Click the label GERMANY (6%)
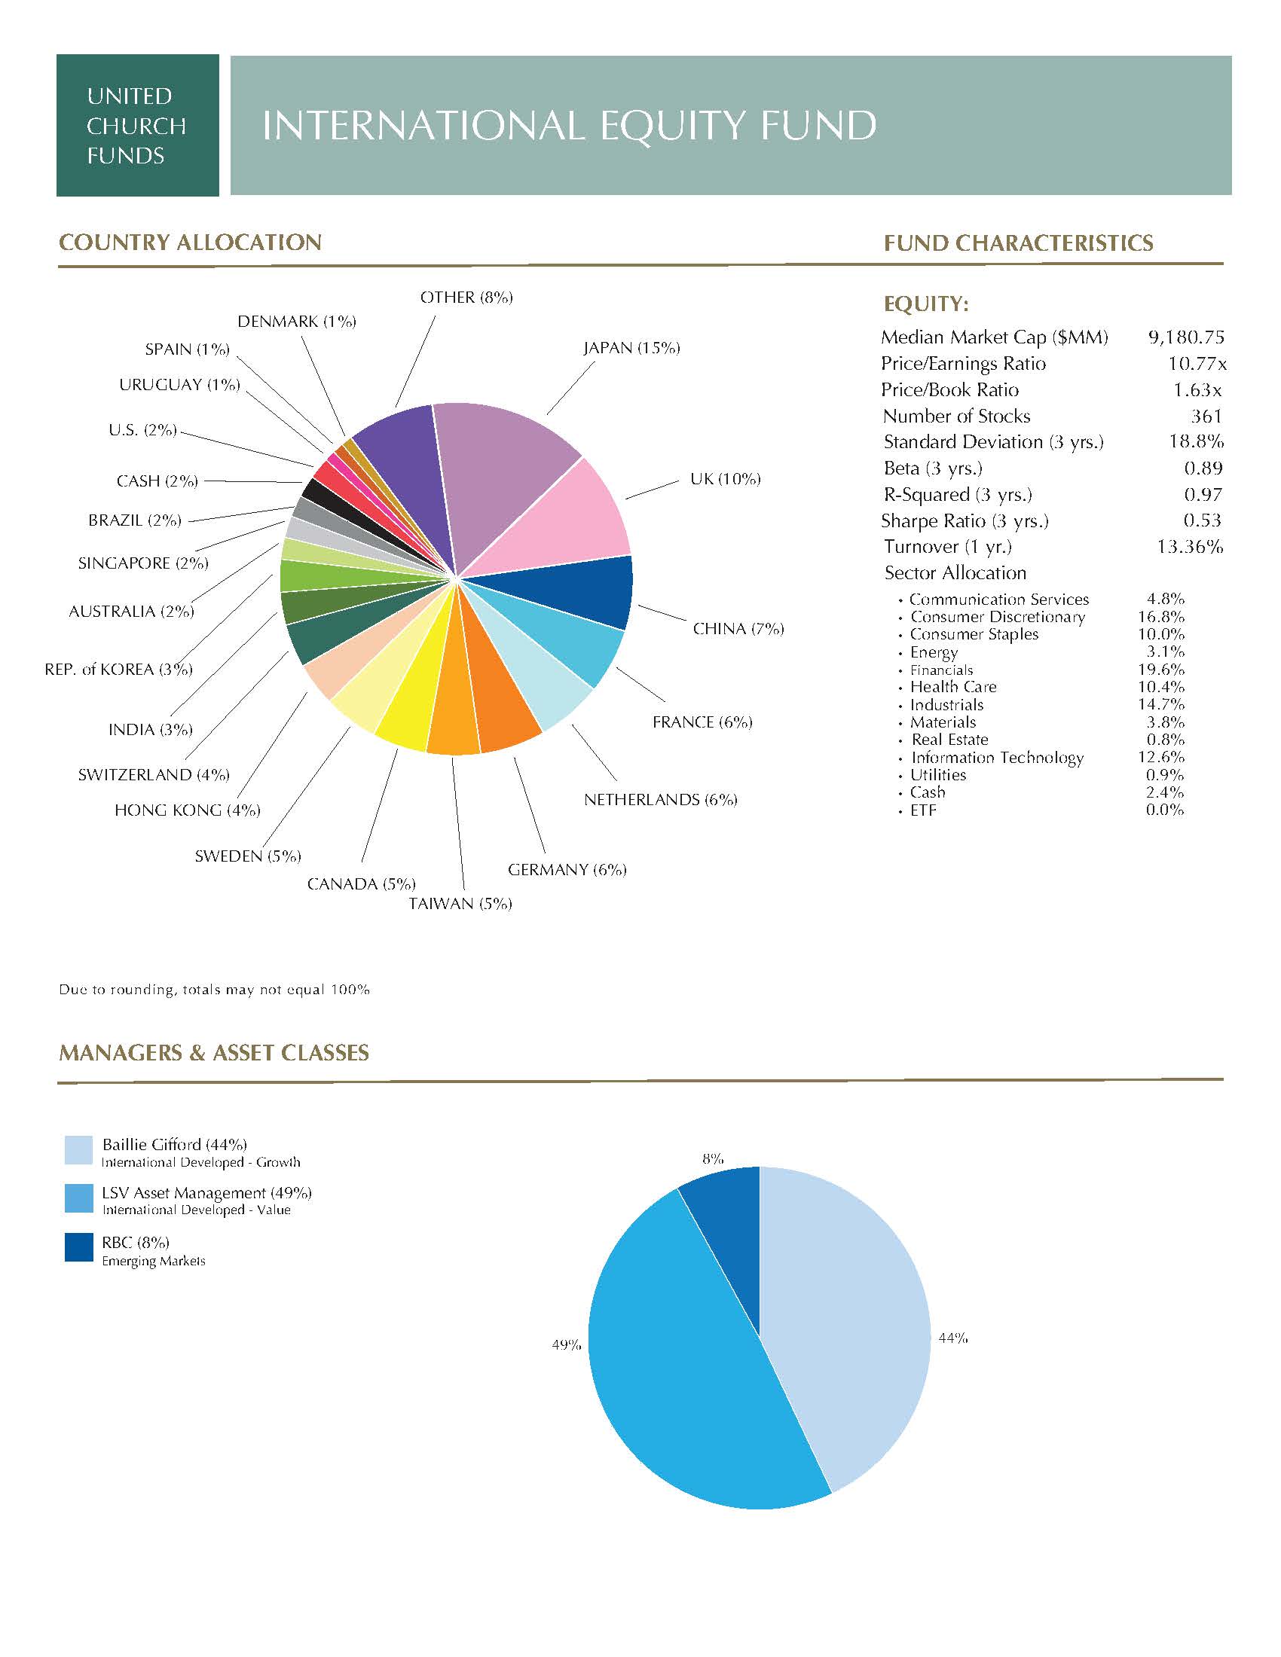click(x=567, y=869)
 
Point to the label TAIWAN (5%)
click(x=460, y=904)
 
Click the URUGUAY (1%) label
click(x=179, y=385)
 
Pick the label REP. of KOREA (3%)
click(x=118, y=669)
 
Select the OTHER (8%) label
click(x=466, y=298)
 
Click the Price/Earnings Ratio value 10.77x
click(x=1197, y=365)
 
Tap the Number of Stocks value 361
click(x=1206, y=417)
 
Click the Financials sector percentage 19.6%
click(x=1161, y=670)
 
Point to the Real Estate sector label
click(x=949, y=740)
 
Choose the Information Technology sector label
click(x=997, y=758)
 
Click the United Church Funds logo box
click(x=137, y=125)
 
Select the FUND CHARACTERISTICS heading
click(x=1019, y=243)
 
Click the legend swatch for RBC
click(x=79, y=1247)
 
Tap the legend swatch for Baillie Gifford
click(x=79, y=1150)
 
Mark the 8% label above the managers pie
click(x=713, y=1158)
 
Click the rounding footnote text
click(x=214, y=990)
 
